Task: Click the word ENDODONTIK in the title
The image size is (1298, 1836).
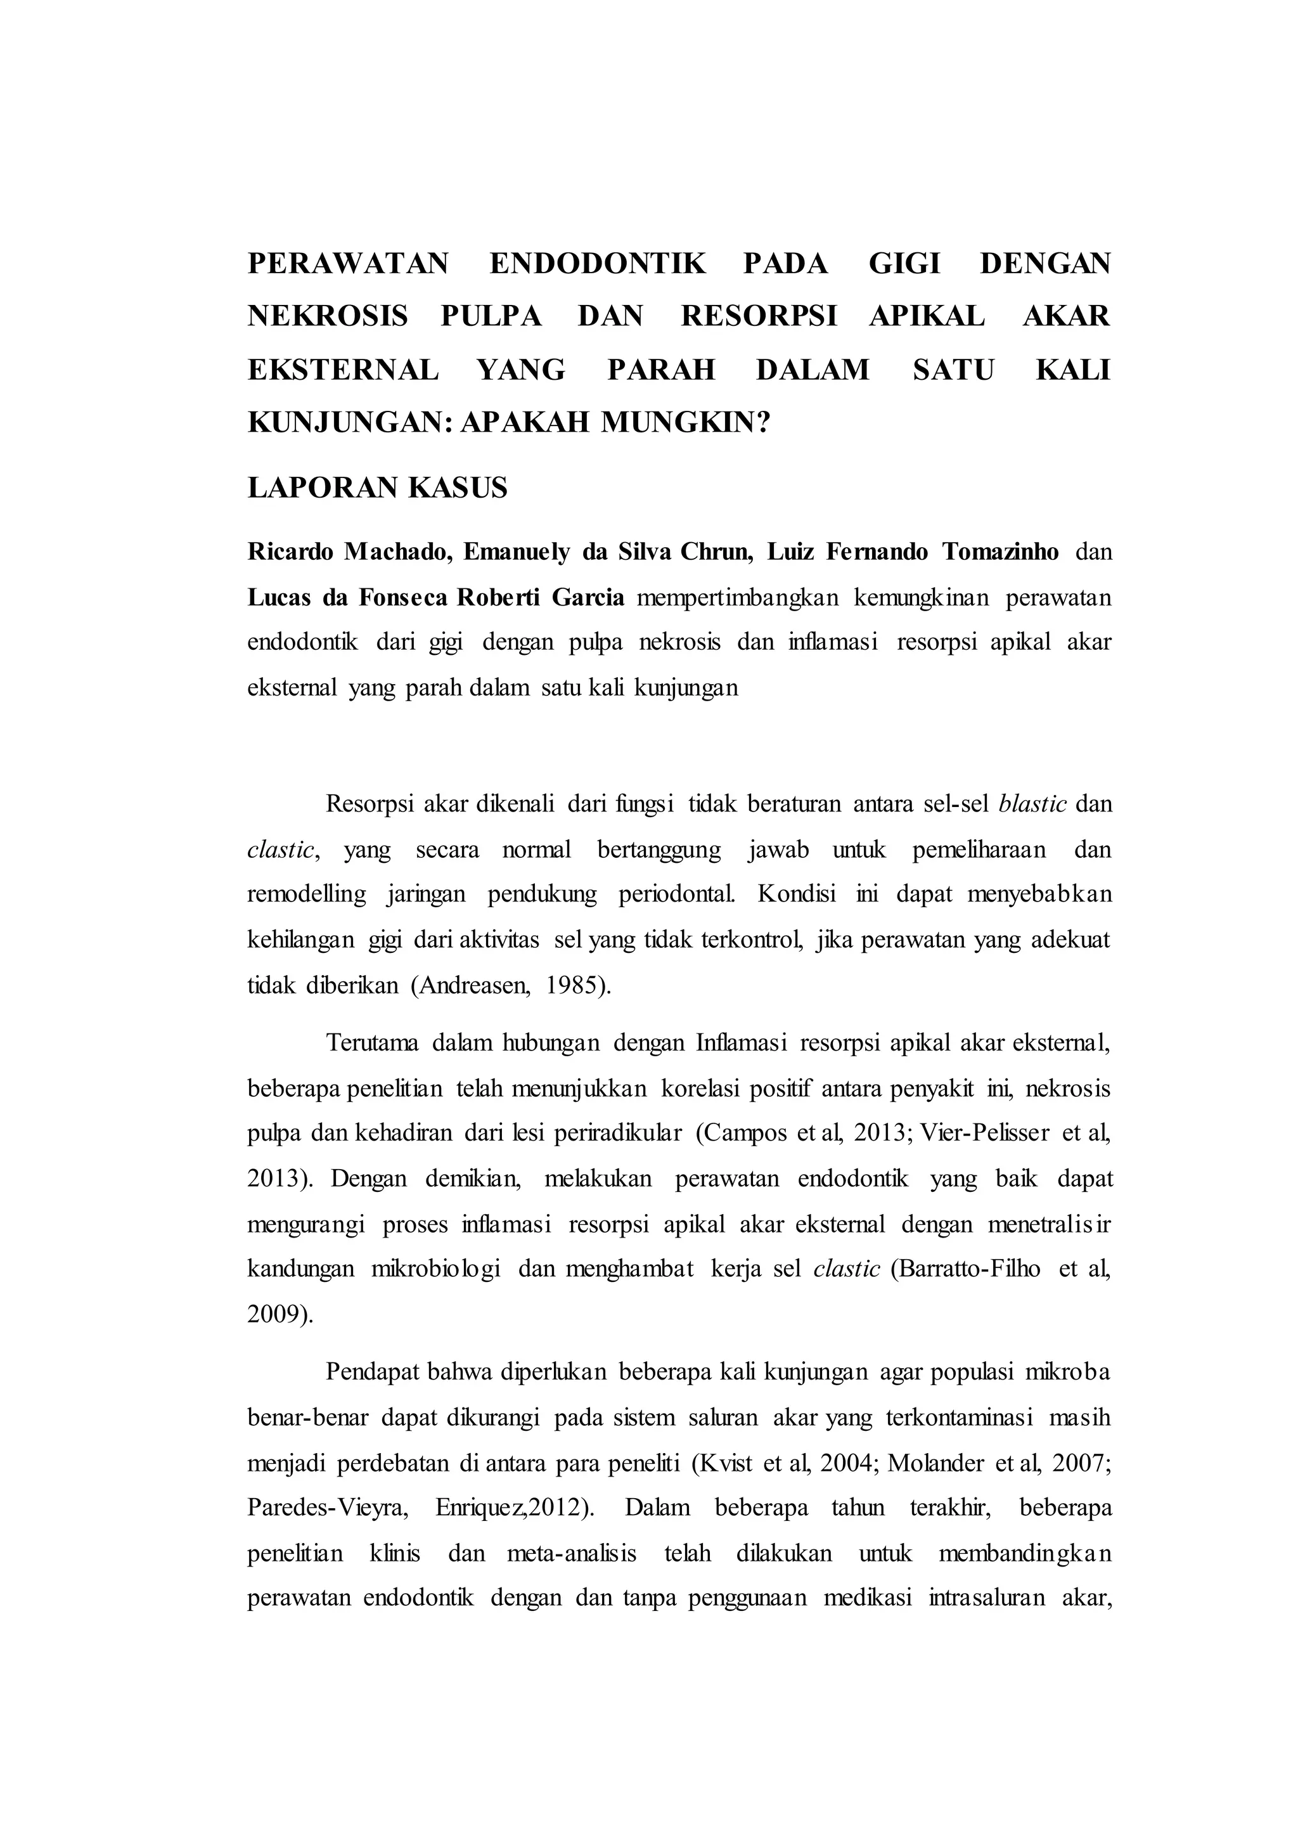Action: click(597, 263)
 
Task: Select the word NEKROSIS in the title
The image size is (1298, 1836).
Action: click(328, 316)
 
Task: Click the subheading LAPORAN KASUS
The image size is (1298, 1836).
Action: click(377, 487)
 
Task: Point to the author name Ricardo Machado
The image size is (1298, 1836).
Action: click(349, 552)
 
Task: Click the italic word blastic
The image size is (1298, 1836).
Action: click(1032, 804)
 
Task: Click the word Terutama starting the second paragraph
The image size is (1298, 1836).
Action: click(373, 1044)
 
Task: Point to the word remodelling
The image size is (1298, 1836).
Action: click(306, 894)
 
